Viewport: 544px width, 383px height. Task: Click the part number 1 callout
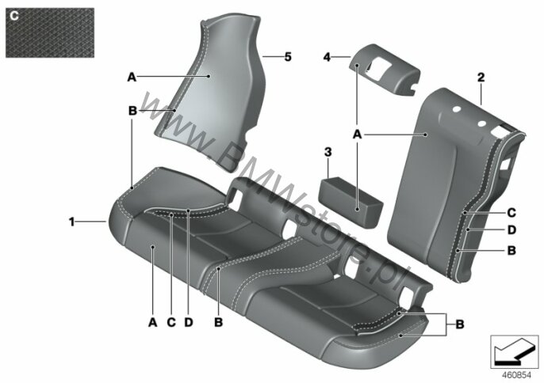tap(72, 222)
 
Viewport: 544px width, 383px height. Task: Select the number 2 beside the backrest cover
tap(481, 78)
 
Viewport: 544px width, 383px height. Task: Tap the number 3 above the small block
tap(328, 152)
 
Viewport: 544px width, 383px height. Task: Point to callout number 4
tap(327, 57)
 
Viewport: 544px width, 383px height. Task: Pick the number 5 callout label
tap(288, 57)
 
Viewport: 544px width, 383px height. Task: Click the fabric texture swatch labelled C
tap(50, 32)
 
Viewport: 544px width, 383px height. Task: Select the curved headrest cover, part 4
tap(385, 70)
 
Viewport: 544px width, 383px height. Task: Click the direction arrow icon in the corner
tap(514, 351)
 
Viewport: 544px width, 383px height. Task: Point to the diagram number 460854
tap(516, 375)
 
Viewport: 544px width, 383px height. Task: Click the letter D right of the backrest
tap(511, 230)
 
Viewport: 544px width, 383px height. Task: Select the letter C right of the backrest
tap(511, 213)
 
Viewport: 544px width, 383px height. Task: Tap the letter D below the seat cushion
tap(189, 322)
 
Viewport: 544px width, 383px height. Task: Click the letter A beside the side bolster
tap(132, 77)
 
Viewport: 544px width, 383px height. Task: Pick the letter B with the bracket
tap(460, 324)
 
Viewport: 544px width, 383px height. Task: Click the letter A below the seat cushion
tap(152, 322)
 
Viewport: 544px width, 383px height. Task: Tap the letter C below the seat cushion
tap(171, 322)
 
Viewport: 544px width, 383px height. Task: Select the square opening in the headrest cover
tap(380, 66)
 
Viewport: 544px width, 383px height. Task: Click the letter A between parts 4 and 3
tap(357, 134)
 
